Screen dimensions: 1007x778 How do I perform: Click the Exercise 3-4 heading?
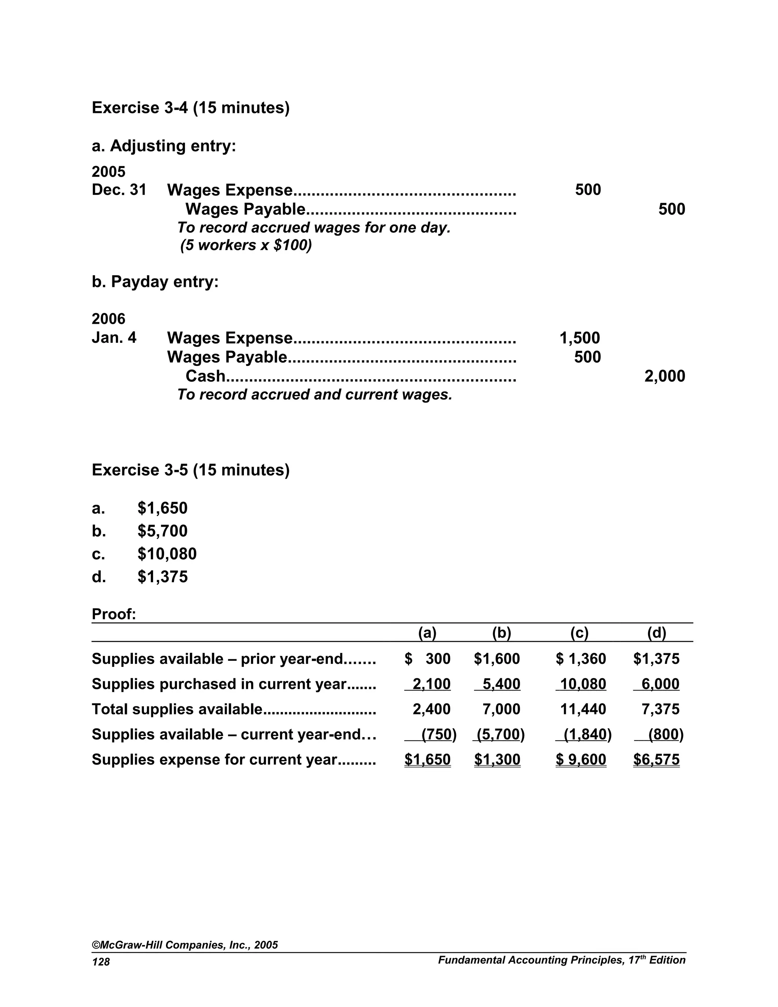[x=190, y=108]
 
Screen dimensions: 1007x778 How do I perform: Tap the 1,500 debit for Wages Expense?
[x=579, y=338]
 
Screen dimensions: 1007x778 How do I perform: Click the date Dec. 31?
[x=119, y=190]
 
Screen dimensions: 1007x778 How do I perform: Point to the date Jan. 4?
[x=114, y=337]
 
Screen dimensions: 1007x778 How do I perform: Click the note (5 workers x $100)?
[x=246, y=245]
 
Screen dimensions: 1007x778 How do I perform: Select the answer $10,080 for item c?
[x=167, y=554]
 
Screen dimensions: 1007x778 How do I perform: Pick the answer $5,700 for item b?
[x=162, y=531]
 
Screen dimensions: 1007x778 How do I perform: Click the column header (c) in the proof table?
[x=579, y=633]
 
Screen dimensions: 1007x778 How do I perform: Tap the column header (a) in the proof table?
[x=427, y=633]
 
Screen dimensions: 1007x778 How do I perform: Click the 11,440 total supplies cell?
[x=583, y=709]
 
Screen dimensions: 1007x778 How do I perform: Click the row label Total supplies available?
[x=177, y=709]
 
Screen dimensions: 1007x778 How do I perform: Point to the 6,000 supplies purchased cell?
[x=660, y=684]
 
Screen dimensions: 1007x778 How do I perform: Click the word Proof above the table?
[x=113, y=614]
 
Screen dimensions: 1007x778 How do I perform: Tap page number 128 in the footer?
[x=101, y=961]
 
